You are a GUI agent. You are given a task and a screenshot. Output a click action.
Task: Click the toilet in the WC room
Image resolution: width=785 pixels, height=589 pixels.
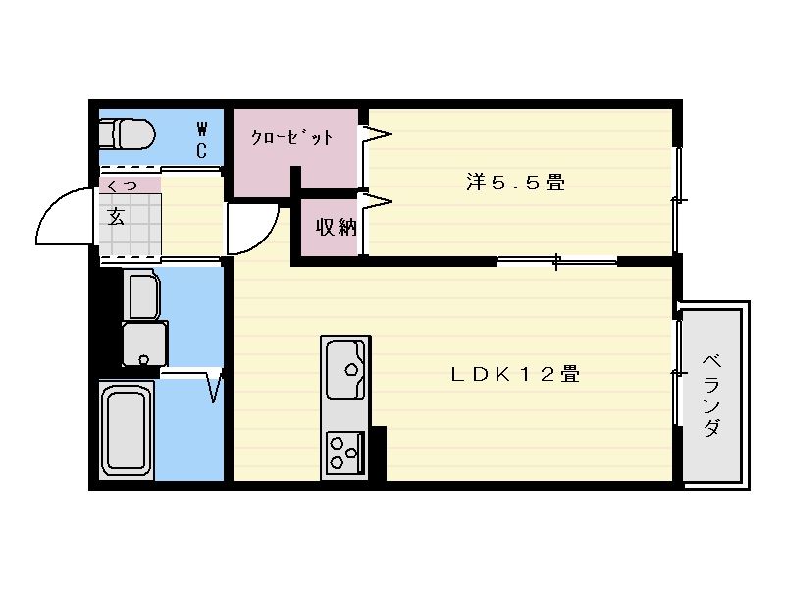[128, 134]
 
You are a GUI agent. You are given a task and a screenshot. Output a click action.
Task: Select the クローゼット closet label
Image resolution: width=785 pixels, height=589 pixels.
[291, 136]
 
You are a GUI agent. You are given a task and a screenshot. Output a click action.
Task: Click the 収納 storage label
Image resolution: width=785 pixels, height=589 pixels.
[336, 228]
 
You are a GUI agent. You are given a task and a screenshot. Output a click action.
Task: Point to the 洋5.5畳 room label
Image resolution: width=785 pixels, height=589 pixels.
[516, 182]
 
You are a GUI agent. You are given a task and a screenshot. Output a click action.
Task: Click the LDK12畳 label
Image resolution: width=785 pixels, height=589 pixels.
[515, 374]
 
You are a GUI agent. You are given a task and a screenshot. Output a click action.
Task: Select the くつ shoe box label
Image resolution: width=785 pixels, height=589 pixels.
[122, 186]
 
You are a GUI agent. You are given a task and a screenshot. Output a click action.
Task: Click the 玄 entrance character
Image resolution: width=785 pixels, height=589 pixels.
[116, 217]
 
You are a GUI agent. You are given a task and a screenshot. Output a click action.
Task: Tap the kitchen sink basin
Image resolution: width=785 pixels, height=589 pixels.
[346, 369]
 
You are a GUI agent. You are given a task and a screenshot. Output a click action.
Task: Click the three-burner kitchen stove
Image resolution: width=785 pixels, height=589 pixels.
[345, 453]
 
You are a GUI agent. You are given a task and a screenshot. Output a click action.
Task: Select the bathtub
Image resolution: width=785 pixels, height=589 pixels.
[127, 431]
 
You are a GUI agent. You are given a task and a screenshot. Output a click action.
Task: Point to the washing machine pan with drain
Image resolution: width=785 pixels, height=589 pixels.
[144, 345]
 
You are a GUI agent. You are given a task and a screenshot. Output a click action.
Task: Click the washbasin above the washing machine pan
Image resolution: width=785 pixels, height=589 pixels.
[143, 295]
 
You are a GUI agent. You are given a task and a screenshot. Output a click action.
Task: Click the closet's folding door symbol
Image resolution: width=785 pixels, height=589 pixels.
[376, 134]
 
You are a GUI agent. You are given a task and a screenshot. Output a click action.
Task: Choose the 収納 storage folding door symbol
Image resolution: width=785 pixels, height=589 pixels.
[376, 202]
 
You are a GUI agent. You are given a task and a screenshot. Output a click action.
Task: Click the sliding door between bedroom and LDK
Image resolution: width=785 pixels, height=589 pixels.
[556, 261]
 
